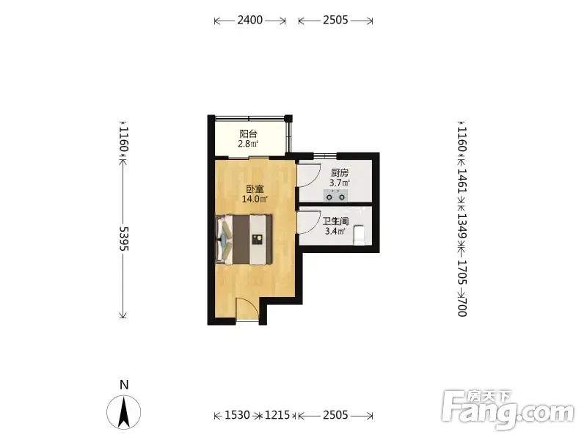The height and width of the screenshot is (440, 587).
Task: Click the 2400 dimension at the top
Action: pos(249,20)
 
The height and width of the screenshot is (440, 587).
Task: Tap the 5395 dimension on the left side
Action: pos(123,238)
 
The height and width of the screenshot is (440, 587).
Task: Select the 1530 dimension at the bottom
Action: pos(237,415)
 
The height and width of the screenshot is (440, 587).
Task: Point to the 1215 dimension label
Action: pos(277,415)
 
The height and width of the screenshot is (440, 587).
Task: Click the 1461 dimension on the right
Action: pos(463,180)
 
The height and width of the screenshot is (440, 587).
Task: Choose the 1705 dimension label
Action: pos(463,272)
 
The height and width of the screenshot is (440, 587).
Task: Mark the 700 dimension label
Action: pos(463,307)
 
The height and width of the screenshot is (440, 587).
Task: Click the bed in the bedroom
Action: pos(244,240)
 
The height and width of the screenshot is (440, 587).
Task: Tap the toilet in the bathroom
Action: pos(360,235)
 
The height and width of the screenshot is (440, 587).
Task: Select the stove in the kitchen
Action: pos(335,195)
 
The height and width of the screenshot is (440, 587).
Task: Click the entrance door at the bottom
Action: pos(247,309)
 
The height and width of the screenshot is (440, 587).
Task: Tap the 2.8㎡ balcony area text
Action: pos(248,144)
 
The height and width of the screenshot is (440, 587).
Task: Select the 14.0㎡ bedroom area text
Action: pos(255,199)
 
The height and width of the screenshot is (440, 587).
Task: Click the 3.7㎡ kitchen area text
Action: pos(340,183)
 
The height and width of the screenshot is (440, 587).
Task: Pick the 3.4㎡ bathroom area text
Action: pos(335,231)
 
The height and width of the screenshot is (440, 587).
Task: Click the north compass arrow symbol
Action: pos(124,411)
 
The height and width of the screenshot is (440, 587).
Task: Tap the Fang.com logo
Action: pos(508,410)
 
